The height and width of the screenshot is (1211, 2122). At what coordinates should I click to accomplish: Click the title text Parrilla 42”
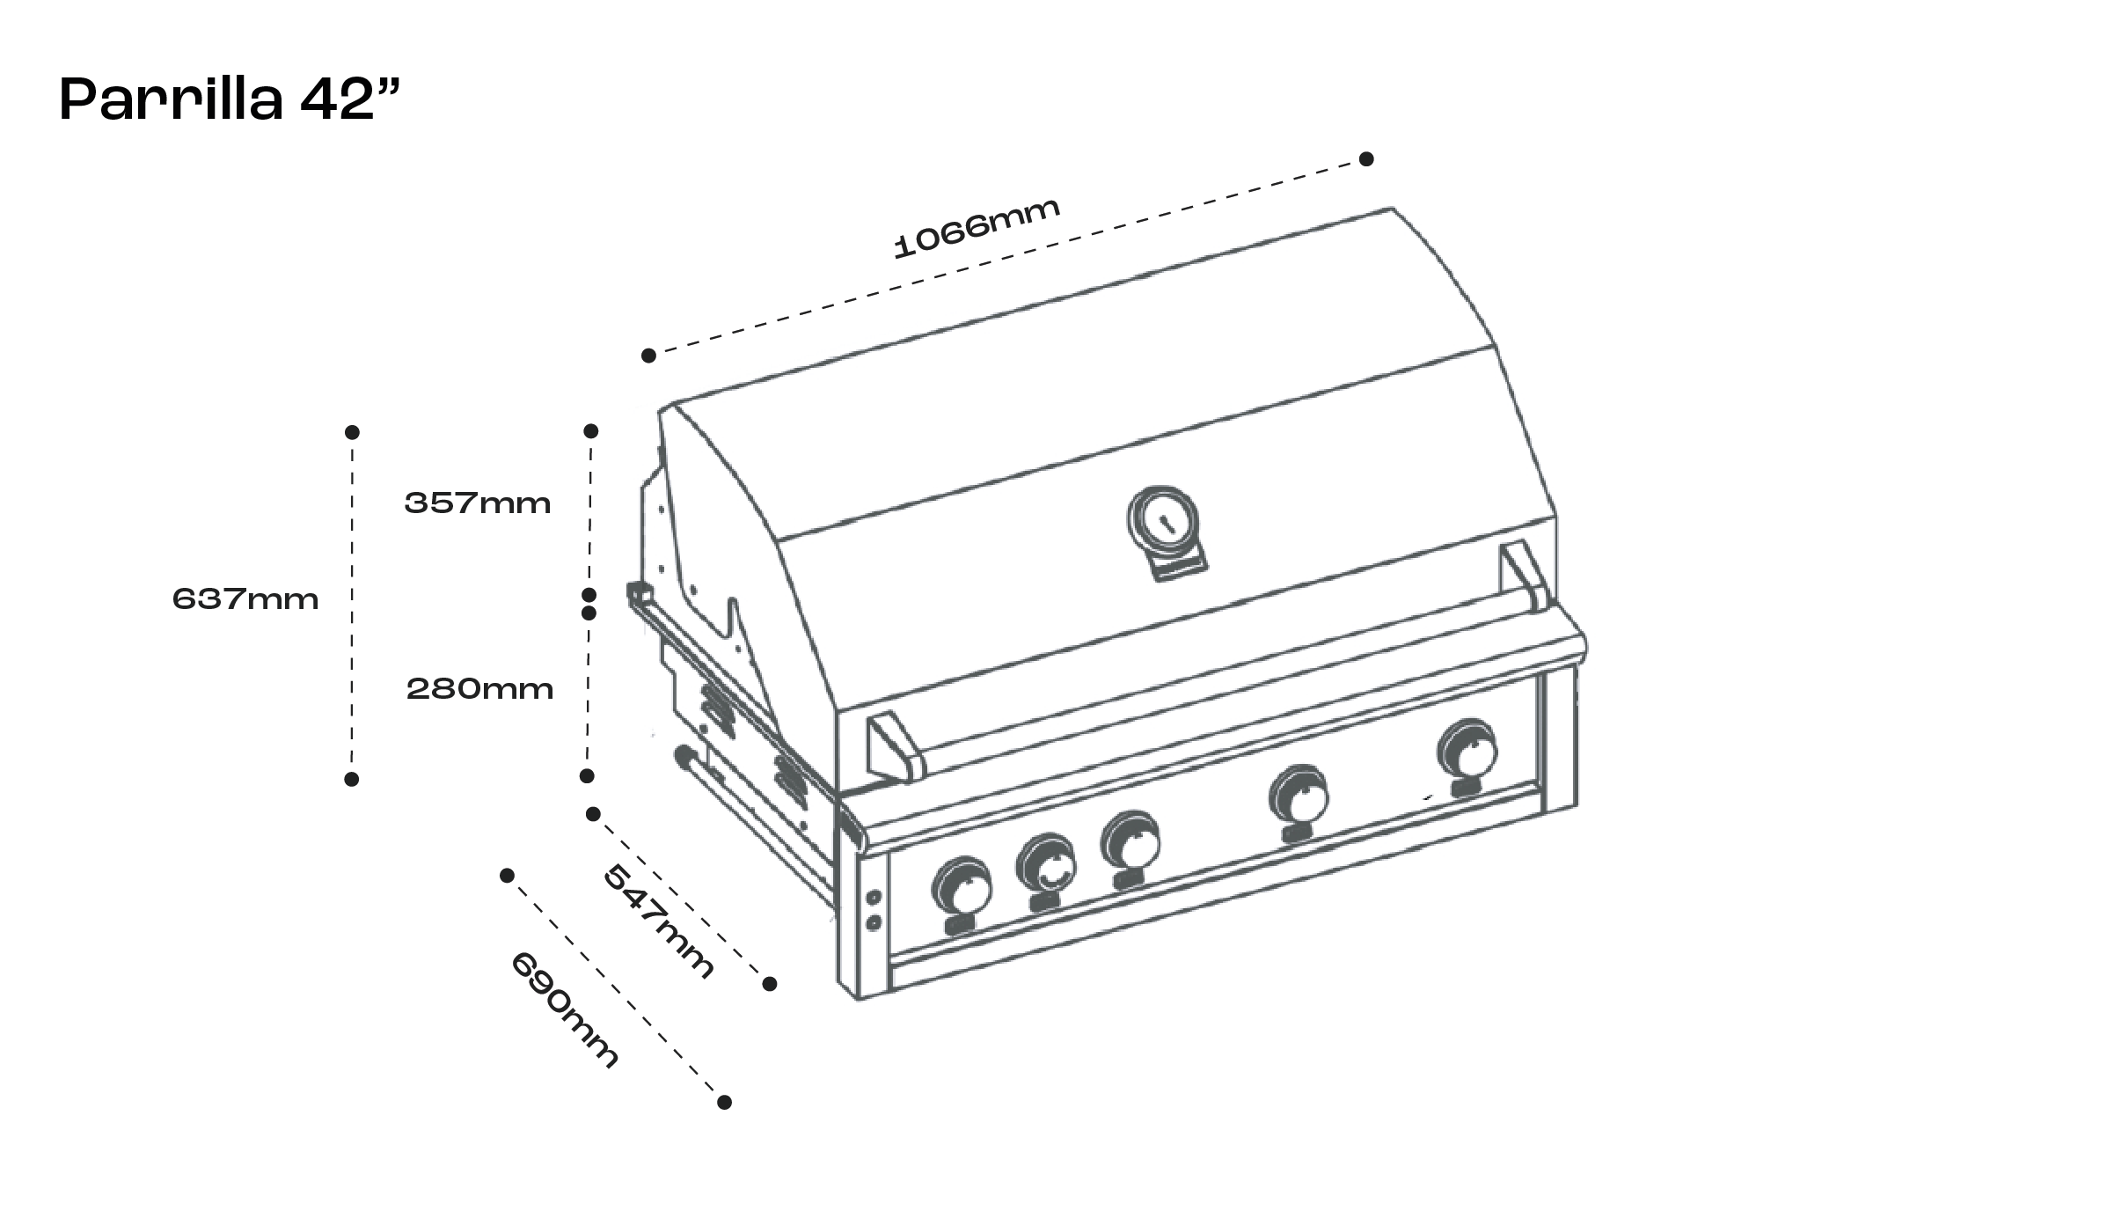click(229, 99)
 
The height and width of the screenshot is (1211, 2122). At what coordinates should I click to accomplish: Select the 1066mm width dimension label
click(977, 229)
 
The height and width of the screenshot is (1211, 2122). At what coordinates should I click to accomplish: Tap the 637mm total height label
click(245, 599)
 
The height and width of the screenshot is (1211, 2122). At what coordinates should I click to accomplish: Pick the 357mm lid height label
click(477, 503)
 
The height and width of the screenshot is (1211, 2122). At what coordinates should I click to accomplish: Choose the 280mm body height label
click(479, 688)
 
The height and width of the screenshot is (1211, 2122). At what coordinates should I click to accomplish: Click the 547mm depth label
click(658, 921)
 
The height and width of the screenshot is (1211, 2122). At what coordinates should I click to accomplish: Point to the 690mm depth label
click(565, 1010)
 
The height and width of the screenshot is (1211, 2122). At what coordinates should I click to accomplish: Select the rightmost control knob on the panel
click(1467, 750)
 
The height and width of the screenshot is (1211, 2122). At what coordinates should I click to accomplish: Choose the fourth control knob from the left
click(1299, 795)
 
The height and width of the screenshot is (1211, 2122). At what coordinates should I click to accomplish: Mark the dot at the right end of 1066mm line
click(1366, 159)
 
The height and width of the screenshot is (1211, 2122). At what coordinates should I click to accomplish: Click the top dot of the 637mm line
click(352, 432)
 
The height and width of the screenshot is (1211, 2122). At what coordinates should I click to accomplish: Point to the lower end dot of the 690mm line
click(724, 1103)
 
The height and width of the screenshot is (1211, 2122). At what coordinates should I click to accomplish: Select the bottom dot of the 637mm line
click(351, 779)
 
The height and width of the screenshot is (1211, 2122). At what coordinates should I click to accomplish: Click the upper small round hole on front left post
click(874, 899)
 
